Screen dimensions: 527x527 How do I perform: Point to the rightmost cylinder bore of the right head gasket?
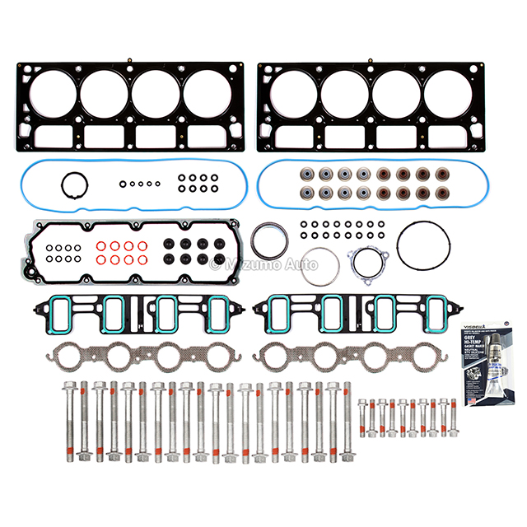click(450, 92)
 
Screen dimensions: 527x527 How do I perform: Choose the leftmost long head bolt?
click(67, 420)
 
